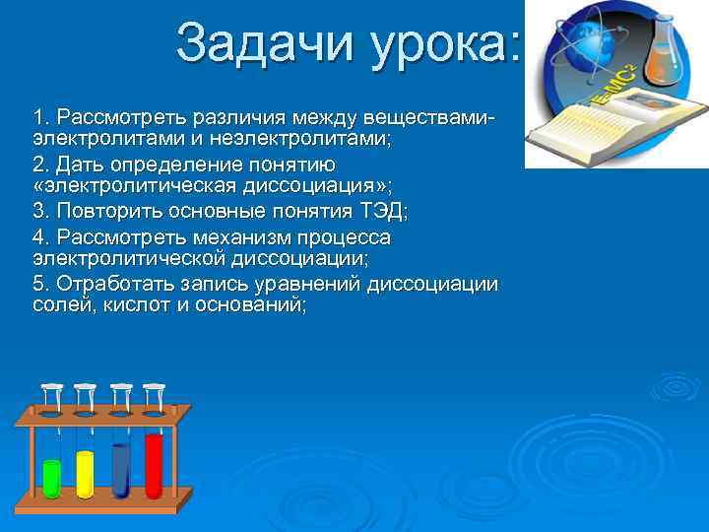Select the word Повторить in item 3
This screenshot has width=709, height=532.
click(x=103, y=211)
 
